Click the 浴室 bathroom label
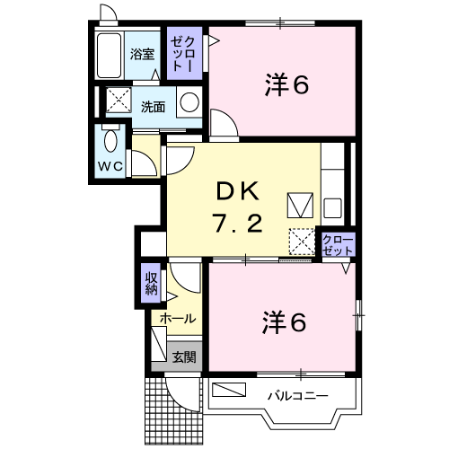tap(142, 55)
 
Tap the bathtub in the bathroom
tap(110, 56)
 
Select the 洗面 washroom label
tap(153, 107)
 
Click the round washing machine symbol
tap(189, 101)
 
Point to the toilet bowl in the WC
tap(110, 140)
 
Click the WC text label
tap(110, 166)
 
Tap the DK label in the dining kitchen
tap(237, 191)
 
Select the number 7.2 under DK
tap(237, 223)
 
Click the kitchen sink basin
tap(332, 208)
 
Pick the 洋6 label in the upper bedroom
tap(286, 85)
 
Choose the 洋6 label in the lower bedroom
tap(284, 322)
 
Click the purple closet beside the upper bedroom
tap(184, 53)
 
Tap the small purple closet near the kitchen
tap(339, 244)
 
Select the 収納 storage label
tap(152, 284)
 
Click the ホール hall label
tap(178, 319)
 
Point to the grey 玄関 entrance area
tap(177, 357)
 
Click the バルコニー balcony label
tap(297, 396)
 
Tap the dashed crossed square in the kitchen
tap(302, 242)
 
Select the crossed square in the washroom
tap(119, 100)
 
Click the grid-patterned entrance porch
tap(173, 410)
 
